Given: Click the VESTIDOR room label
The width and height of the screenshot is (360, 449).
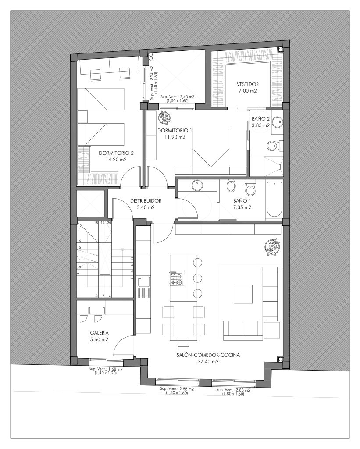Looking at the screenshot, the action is tap(248, 84).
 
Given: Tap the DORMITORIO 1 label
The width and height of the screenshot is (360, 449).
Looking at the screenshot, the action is tap(175, 131).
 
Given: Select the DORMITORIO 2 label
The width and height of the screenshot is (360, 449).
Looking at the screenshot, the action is tap(116, 153).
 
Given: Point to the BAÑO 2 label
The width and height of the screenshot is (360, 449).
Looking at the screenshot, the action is tap(260, 118).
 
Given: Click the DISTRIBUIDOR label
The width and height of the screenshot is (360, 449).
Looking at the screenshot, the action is tap(146, 201).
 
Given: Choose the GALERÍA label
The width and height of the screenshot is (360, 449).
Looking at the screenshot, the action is tap(100, 333).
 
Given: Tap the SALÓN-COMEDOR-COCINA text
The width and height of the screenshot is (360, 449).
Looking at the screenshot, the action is tap(208, 355).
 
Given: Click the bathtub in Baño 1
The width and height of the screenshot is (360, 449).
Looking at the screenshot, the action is tap(274, 200).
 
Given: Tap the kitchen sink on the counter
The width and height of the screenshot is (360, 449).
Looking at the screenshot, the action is tap(143, 282).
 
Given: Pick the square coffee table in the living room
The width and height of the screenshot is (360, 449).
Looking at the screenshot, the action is tap(243, 294).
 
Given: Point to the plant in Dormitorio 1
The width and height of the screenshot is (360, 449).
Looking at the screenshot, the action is tap(164, 118).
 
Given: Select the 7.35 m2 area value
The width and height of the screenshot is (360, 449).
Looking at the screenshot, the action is tap(242, 207).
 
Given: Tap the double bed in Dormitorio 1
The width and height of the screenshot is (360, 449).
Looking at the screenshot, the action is tap(211, 147).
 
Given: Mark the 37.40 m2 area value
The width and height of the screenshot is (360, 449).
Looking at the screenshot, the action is tap(208, 362).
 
